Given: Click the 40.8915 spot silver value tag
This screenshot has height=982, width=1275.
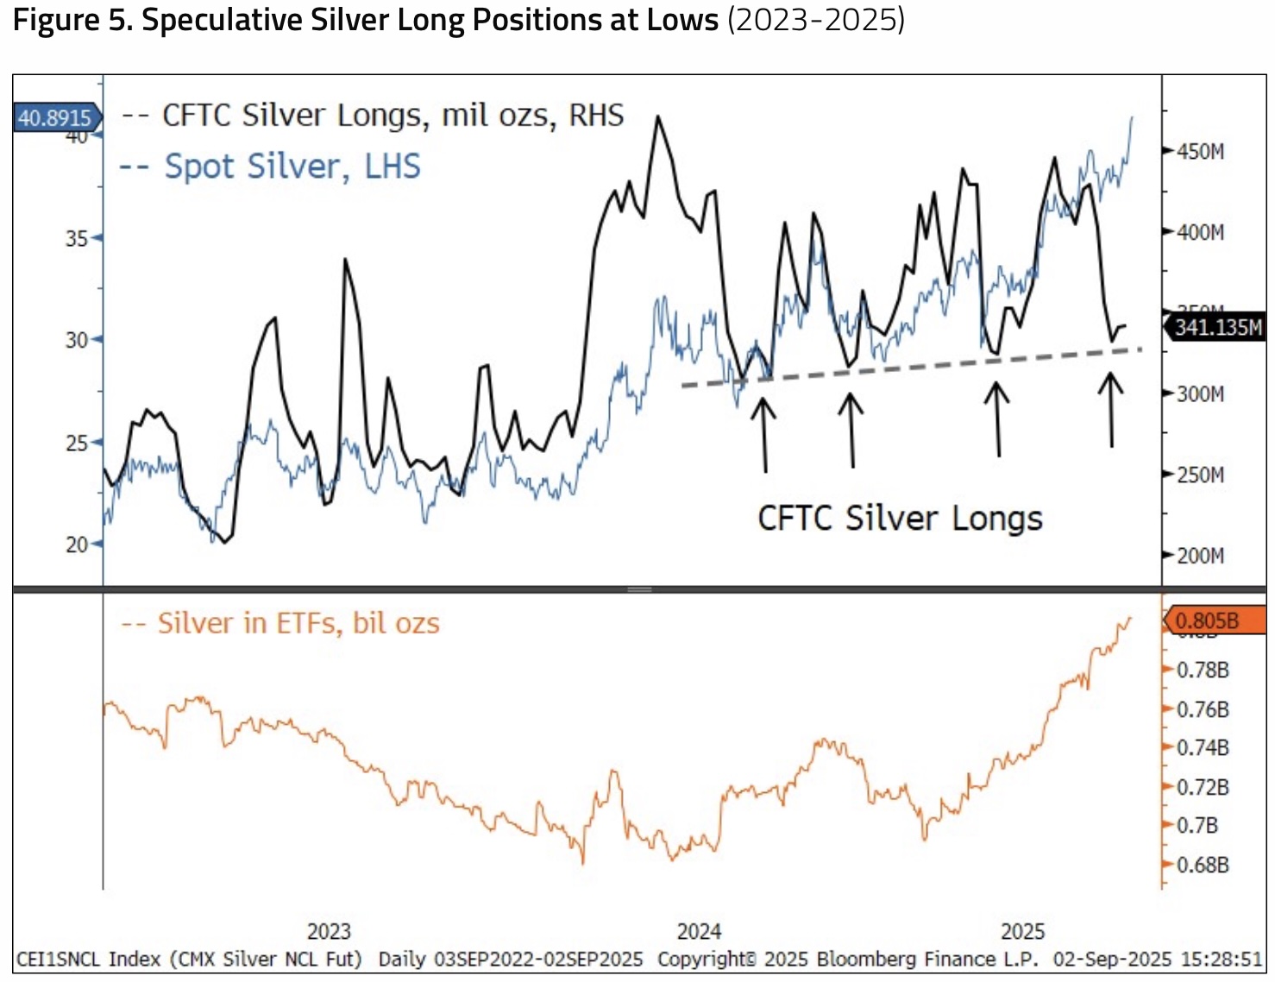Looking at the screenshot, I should (x=55, y=117).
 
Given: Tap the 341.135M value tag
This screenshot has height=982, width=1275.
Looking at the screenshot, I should (x=1217, y=327).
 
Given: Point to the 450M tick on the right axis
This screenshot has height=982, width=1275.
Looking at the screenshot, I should (x=1200, y=152).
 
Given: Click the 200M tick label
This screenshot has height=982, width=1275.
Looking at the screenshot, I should (x=1200, y=556).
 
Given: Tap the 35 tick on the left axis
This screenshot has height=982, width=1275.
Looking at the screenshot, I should (x=77, y=238).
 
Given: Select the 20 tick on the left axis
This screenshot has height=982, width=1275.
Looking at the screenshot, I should (x=77, y=545).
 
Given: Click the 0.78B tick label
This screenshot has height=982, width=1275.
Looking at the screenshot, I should (x=1203, y=670).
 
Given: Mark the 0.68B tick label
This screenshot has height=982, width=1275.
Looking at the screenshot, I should (x=1203, y=865).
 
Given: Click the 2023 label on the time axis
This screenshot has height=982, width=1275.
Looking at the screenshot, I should (x=329, y=932).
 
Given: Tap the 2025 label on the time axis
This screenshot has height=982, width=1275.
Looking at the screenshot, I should (x=1022, y=932).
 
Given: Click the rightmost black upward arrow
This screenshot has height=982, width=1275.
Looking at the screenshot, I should (x=1111, y=409).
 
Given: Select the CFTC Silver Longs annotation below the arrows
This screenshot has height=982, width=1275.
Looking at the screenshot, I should (x=900, y=519).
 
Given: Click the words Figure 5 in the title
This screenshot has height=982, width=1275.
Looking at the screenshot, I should (x=72, y=21).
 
